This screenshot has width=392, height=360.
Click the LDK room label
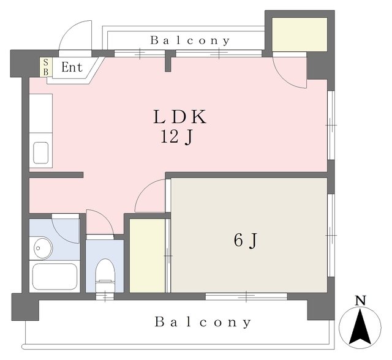[179, 117]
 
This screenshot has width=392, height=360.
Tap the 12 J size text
[177, 137]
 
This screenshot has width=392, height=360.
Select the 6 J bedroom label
[246, 241]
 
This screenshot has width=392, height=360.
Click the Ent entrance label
[72, 67]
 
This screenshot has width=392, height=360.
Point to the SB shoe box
[46, 67]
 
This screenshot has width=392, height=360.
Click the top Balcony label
[190, 40]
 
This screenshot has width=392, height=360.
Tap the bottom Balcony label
[203, 322]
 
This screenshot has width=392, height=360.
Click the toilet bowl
[105, 275]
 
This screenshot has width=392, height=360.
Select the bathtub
[55, 277]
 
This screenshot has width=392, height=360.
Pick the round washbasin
[43, 249]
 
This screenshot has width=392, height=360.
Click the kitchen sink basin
[41, 153]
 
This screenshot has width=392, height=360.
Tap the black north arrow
[360, 327]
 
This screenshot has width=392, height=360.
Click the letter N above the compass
[361, 301]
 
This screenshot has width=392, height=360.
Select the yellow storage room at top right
[300, 34]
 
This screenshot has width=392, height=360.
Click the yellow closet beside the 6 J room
[147, 255]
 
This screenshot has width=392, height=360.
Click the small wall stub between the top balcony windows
[168, 61]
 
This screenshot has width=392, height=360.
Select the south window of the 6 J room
[246, 296]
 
